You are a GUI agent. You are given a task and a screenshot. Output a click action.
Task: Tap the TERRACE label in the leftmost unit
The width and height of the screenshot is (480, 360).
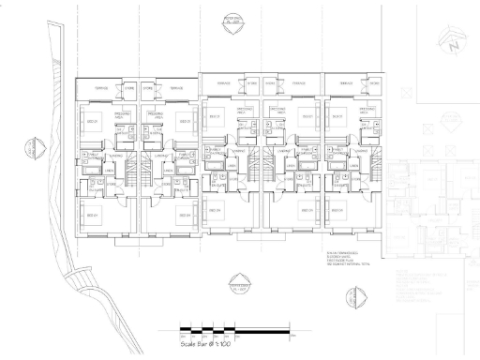tap(97, 88)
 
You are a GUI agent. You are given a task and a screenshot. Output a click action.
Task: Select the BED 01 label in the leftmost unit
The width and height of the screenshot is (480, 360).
tap(93, 122)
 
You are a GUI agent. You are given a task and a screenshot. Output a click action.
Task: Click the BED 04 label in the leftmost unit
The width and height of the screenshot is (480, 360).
tap(93, 216)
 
